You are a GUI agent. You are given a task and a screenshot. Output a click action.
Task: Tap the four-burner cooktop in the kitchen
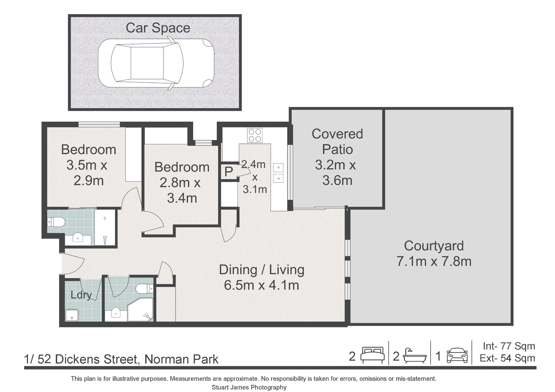click(255, 135)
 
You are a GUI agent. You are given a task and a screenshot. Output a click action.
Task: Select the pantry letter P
click(228, 172)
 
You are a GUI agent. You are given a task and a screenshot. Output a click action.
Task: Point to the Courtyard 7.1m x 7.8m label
click(434, 253)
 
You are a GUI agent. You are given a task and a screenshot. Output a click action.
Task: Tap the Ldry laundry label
click(81, 295)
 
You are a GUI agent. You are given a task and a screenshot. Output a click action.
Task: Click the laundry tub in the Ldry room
click(72, 315)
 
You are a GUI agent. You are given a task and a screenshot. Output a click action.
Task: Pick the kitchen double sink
click(278, 173)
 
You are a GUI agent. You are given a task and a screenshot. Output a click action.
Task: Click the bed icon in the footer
click(372, 355)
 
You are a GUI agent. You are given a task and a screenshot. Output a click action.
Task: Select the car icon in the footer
click(457, 356)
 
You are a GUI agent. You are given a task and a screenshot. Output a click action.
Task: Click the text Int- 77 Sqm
click(509, 346)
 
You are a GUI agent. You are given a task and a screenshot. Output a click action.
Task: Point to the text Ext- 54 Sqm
click(508, 358)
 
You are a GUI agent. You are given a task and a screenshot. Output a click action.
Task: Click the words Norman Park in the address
click(181, 359)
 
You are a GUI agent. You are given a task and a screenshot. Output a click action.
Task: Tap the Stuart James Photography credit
click(249, 387)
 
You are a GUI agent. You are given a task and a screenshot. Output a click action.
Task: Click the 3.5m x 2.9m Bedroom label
click(89, 165)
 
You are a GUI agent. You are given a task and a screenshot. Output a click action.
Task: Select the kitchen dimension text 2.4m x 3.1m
click(254, 177)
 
